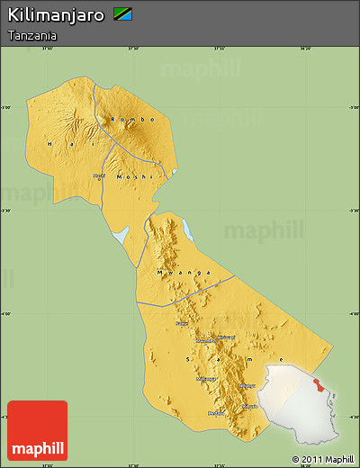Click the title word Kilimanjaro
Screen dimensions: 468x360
56,15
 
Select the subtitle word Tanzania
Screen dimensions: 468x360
32,35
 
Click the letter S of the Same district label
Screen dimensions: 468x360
187,357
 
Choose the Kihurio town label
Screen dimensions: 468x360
249,407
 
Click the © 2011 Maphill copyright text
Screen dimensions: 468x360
322,459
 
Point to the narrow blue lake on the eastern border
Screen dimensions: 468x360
188,230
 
